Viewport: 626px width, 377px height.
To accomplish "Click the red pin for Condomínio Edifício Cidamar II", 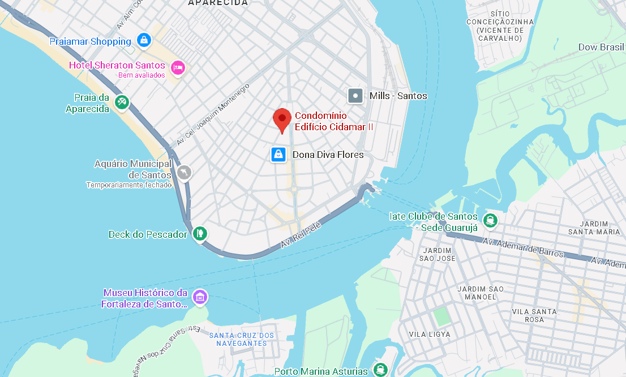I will [282, 119].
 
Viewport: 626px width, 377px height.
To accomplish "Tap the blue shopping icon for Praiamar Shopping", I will [144, 41].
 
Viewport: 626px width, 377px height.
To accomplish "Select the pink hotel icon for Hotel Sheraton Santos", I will [178, 67].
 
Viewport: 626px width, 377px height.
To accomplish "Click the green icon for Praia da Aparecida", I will [122, 102].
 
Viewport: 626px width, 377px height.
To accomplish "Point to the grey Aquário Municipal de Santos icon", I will [185, 172].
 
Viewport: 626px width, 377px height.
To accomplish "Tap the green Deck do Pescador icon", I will [199, 233].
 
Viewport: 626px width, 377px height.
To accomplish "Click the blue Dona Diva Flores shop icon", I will [278, 154].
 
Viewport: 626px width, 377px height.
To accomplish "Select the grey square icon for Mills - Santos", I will [355, 96].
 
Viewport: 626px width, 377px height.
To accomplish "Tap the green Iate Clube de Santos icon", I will [491, 220].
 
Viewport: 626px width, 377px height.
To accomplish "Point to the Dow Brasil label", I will [601, 47].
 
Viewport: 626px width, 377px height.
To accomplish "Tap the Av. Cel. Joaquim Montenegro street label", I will [213, 115].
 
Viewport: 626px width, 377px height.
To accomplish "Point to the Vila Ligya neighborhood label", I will [430, 335].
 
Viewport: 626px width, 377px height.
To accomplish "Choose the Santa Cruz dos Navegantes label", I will [242, 339].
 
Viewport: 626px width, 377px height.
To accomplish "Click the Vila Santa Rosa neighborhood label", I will [534, 315].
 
